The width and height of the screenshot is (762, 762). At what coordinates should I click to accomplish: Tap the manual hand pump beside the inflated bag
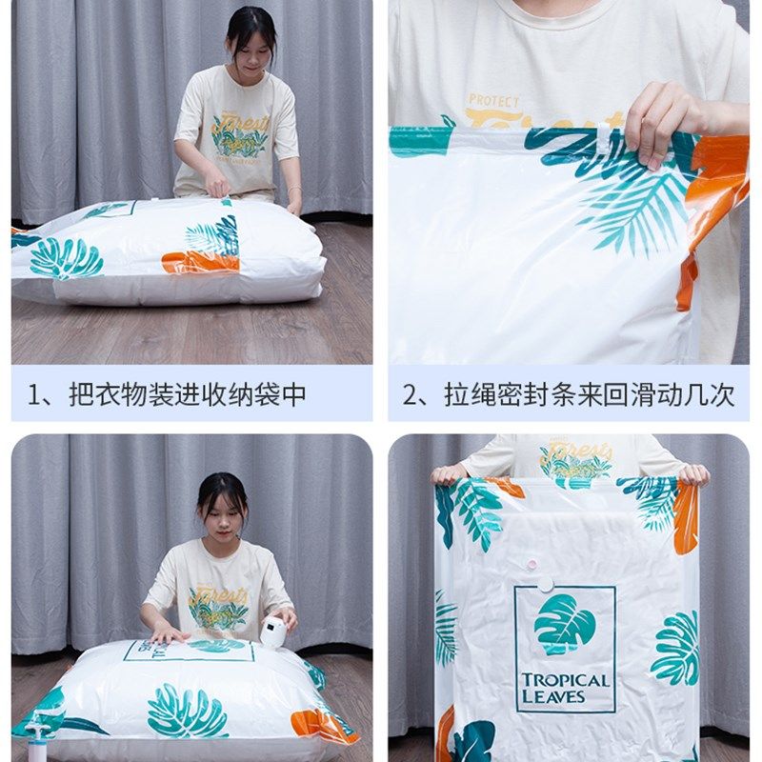point(38,739)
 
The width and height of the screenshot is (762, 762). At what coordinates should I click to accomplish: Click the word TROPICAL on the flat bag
point(565,681)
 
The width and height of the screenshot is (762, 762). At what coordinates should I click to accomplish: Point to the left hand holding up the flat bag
point(449,472)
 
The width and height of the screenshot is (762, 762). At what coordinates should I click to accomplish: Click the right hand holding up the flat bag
point(694,473)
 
